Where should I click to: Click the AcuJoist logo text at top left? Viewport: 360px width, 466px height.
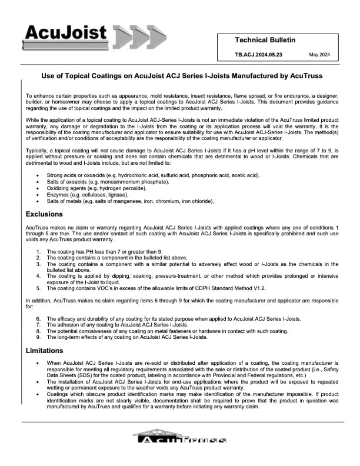click(x=65, y=32)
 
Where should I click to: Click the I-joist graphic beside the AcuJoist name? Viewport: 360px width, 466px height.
click(x=135, y=36)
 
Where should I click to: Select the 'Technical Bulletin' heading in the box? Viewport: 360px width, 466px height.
click(x=265, y=40)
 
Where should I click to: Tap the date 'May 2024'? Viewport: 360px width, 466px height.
click(x=319, y=55)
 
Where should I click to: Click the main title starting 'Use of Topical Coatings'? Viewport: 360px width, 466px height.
click(x=181, y=76)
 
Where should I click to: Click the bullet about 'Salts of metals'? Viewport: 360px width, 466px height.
click(x=130, y=201)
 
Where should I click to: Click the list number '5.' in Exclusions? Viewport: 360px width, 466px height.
click(x=38, y=288)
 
